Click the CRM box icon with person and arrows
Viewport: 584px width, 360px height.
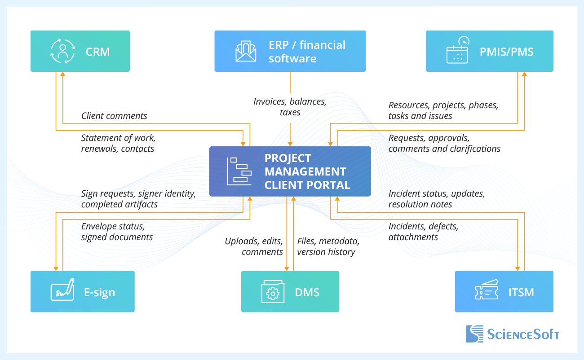click(62, 51)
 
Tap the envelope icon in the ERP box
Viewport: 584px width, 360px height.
click(246, 51)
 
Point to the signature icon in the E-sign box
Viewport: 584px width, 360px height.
click(62, 291)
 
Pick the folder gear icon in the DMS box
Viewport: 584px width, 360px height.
click(273, 292)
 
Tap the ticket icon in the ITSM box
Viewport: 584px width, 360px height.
click(486, 291)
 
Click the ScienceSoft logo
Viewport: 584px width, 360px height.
click(513, 334)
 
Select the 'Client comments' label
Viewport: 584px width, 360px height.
click(114, 116)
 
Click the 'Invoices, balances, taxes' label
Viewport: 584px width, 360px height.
click(290, 107)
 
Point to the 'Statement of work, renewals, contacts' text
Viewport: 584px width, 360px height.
click(118, 143)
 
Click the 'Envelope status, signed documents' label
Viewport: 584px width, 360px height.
click(117, 232)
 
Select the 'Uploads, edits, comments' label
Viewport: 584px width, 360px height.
click(254, 246)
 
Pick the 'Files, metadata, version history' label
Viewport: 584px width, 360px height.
click(328, 246)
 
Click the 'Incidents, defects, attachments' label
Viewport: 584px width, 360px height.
click(423, 232)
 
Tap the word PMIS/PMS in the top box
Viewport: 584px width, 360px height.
click(506, 52)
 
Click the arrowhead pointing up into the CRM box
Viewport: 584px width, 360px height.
click(62, 75)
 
